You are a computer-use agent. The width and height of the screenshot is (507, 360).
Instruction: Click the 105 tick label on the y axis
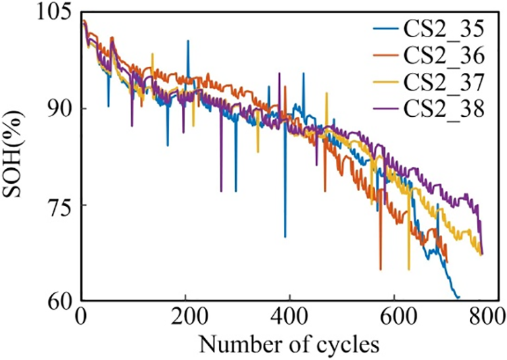pyautogui.click(x=57, y=13)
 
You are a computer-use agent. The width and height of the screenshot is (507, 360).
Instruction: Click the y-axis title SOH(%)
pyautogui.click(x=18, y=157)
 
